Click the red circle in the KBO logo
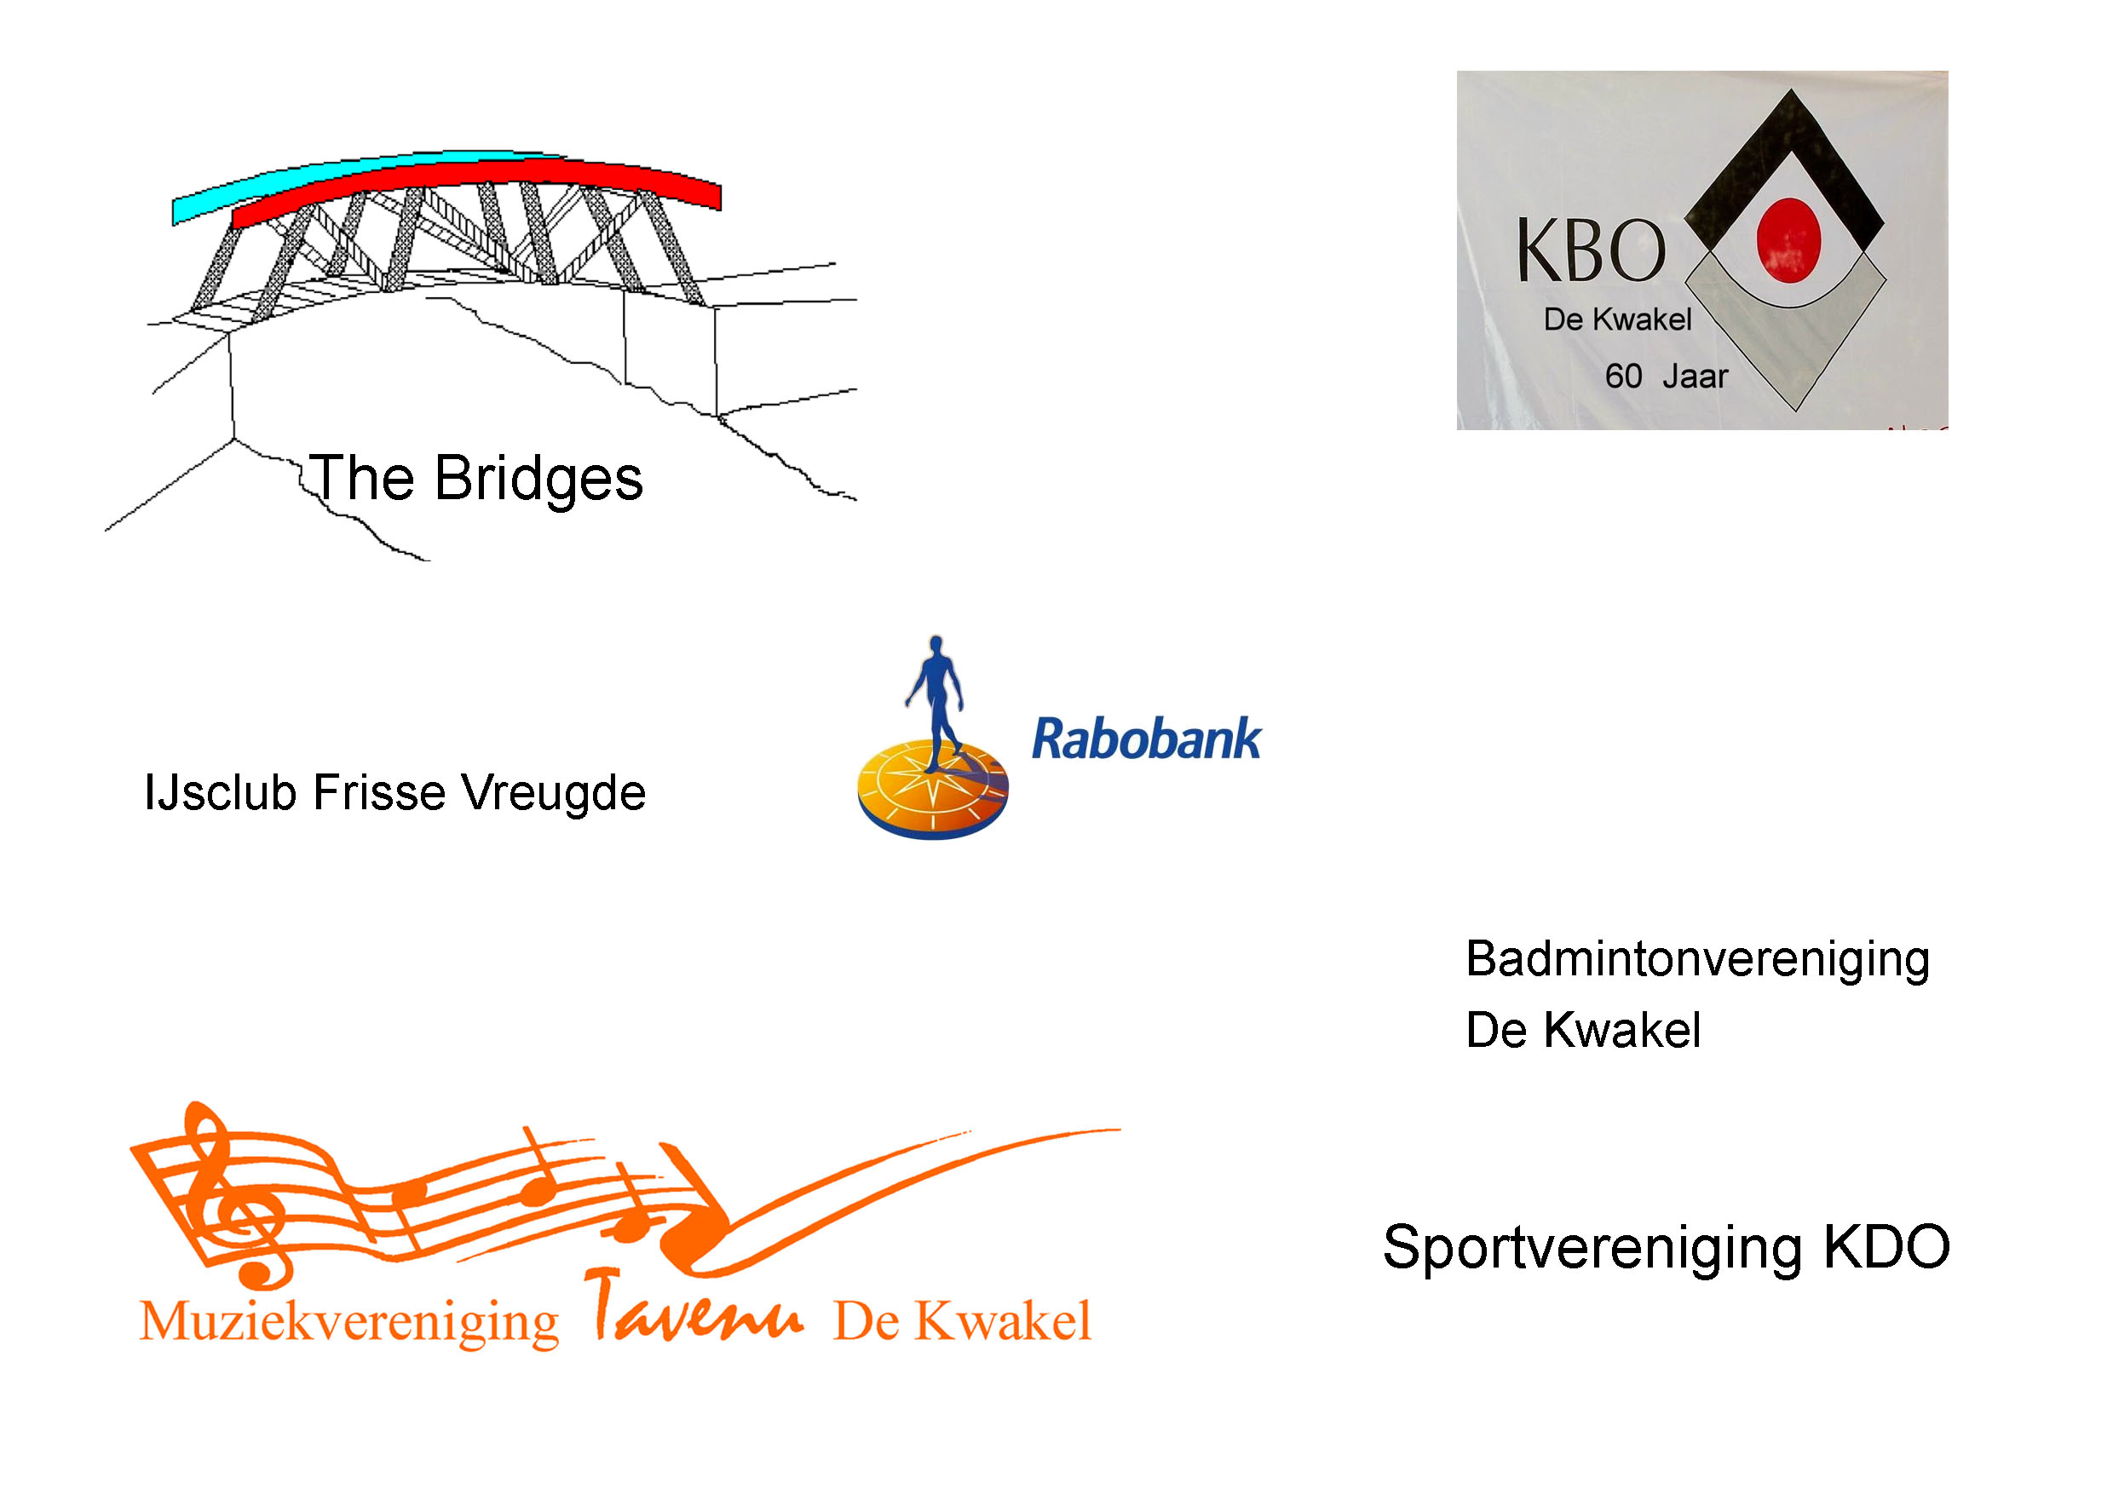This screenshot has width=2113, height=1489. point(1788,240)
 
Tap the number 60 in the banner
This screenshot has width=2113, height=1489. point(1623,377)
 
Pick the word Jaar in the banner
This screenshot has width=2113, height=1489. point(1696,377)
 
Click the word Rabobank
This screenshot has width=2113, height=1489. point(1146,739)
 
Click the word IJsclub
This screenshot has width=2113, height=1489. point(220,792)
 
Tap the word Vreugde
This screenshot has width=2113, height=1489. point(553,793)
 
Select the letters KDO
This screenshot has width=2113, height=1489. point(1886,1247)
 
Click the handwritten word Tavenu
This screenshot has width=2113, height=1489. point(695,1307)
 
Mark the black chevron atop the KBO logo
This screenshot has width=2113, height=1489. point(1785,175)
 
